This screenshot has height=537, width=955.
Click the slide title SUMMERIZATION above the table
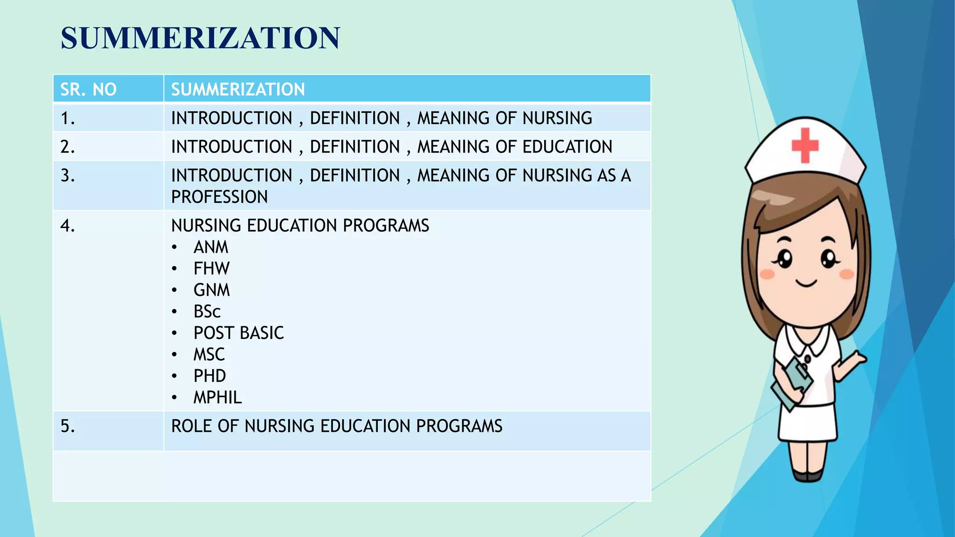pos(201,38)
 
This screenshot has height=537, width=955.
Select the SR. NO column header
pos(88,89)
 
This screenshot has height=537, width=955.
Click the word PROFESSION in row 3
pos(219,197)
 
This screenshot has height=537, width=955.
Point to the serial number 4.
pos(68,226)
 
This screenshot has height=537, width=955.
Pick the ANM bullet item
pos(211,247)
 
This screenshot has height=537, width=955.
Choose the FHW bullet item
pos(211,268)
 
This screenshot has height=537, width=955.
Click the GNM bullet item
pos(212,290)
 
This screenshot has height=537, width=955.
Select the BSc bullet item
pos(207,311)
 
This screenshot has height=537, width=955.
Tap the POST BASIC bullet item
pos(238,333)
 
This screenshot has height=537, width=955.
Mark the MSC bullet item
pos(209,354)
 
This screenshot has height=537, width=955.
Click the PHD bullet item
pos(209,376)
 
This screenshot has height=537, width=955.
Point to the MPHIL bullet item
pos(217,397)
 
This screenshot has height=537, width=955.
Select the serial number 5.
pos(68,426)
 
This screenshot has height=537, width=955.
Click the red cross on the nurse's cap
pos(805,145)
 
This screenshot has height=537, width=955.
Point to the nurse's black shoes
pos(808,476)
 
